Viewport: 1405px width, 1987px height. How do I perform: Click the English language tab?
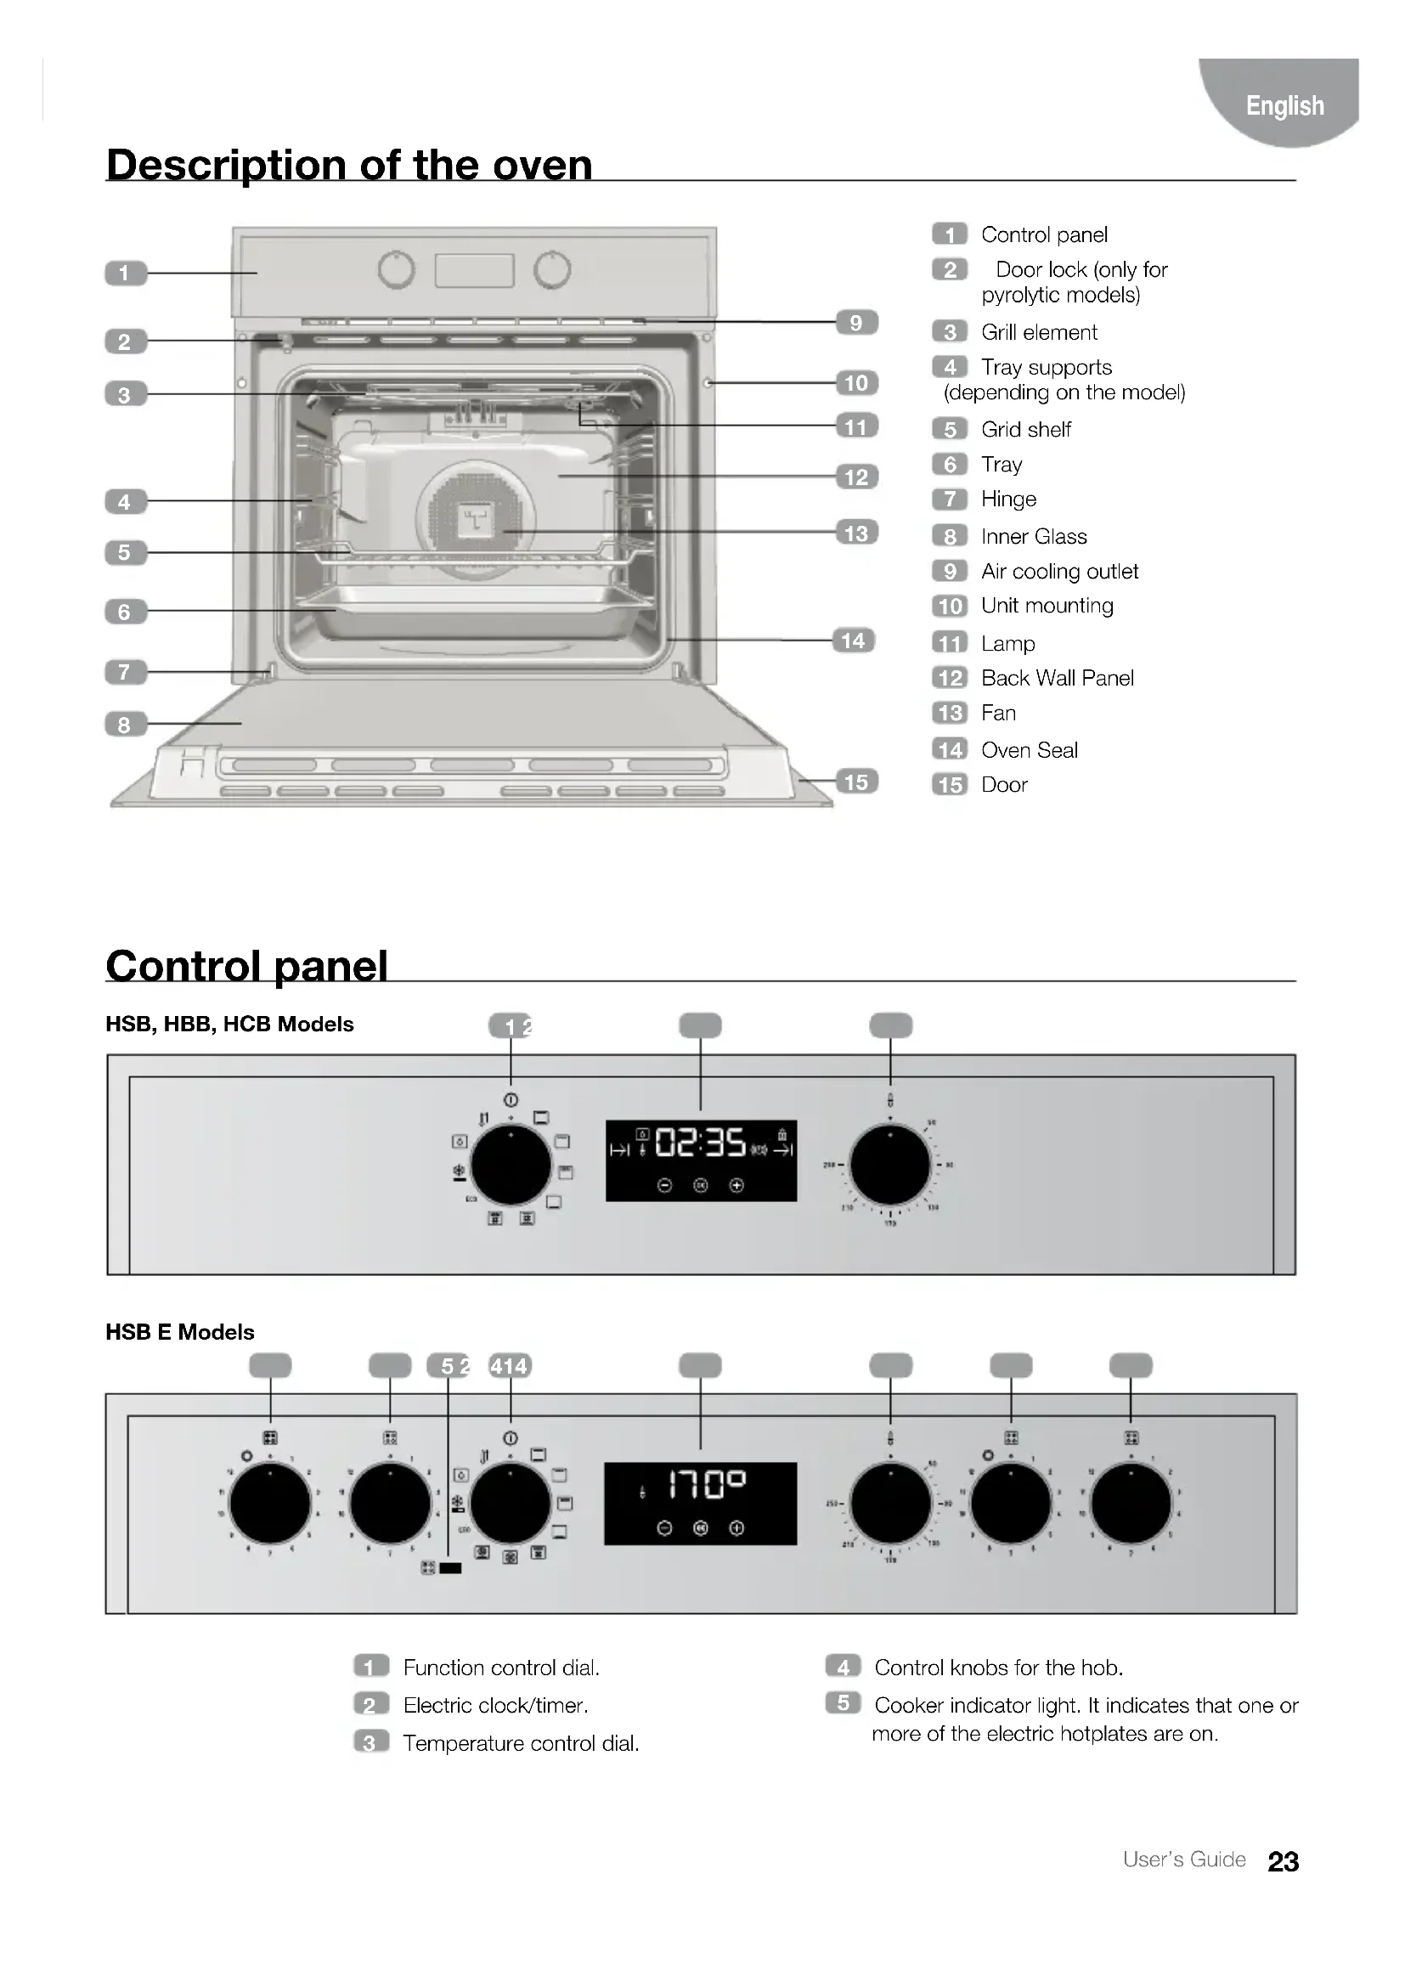click(1284, 105)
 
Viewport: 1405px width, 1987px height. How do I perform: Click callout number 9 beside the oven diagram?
click(855, 323)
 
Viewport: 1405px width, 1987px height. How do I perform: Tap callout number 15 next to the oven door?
click(855, 782)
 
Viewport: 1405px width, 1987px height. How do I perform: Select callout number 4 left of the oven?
click(125, 502)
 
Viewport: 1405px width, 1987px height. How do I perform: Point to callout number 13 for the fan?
click(855, 533)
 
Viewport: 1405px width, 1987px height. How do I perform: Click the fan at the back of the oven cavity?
click(475, 518)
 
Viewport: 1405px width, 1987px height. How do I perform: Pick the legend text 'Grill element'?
click(1038, 332)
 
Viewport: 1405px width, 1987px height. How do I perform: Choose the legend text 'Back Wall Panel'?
click(1057, 679)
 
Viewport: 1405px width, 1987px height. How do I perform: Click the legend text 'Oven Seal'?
click(1029, 750)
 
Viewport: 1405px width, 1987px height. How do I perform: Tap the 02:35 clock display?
click(700, 1143)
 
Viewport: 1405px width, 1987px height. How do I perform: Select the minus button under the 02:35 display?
click(664, 1186)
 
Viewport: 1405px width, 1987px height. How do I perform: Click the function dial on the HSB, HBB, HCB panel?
click(511, 1164)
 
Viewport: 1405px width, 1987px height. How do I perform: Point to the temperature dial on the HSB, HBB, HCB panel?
click(890, 1164)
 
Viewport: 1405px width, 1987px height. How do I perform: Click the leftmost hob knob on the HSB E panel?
click(270, 1504)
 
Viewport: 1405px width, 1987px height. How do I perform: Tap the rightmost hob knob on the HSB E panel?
click(1131, 1504)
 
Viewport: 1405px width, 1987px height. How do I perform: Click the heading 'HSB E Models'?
click(180, 1332)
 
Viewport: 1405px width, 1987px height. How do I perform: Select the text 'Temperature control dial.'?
click(521, 1743)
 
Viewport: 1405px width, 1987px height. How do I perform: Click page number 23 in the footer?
click(1283, 1861)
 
